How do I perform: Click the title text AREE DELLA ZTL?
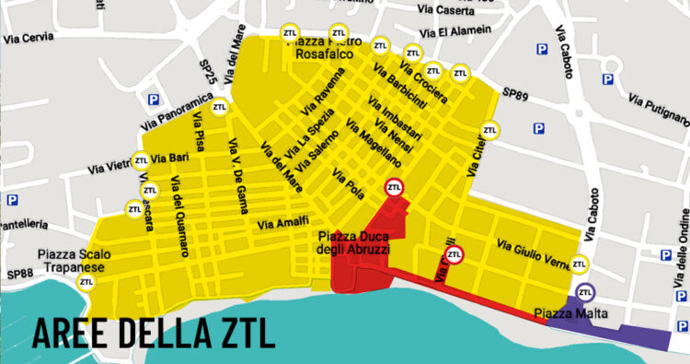click(154, 332)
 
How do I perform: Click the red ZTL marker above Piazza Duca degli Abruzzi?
click(395, 188)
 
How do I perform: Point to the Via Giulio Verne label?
click(535, 251)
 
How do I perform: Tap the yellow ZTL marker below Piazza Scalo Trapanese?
click(86, 283)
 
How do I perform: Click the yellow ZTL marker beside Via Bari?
click(141, 159)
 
